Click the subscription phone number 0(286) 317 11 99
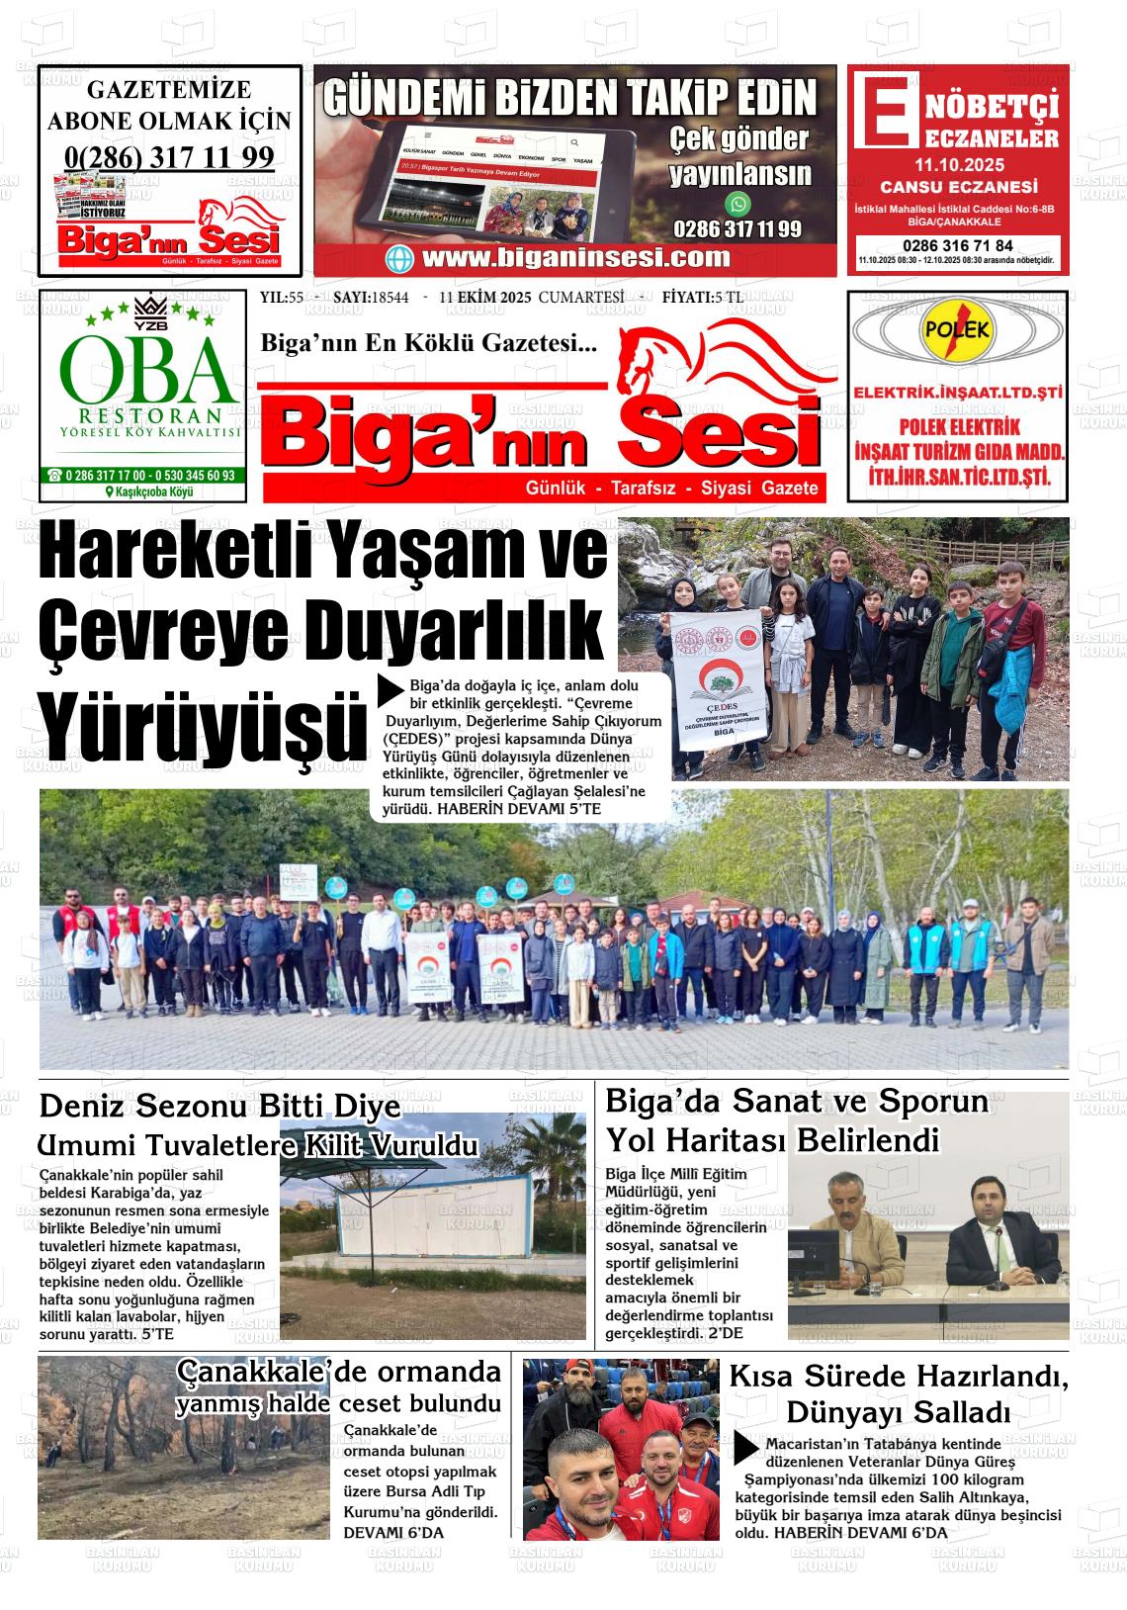(x=169, y=157)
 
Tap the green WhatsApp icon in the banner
(x=737, y=205)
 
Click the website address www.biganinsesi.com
(x=575, y=258)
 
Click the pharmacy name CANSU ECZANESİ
(x=958, y=187)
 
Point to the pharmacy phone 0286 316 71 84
(x=958, y=245)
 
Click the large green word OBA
(x=149, y=369)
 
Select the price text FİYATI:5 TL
(x=703, y=298)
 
